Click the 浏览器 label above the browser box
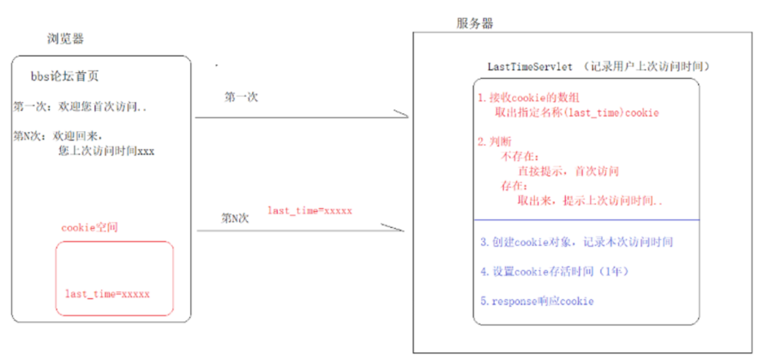click(65, 39)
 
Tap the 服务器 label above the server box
click(475, 24)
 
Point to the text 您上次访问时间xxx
click(106, 150)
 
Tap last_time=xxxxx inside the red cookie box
click(107, 293)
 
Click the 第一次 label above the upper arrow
click(241, 98)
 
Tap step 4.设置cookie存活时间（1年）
click(566, 272)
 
